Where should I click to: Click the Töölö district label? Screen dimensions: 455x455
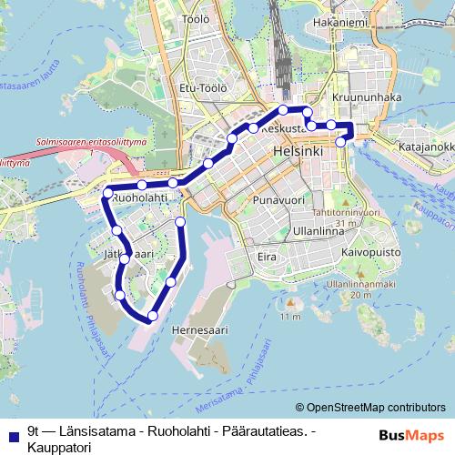coord(196,18)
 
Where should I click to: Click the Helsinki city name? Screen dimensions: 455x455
coord(298,151)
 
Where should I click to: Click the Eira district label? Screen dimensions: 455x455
coord(266,258)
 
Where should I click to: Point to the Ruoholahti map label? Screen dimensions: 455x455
coord(141,197)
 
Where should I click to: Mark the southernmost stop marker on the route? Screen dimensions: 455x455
coord(152,316)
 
